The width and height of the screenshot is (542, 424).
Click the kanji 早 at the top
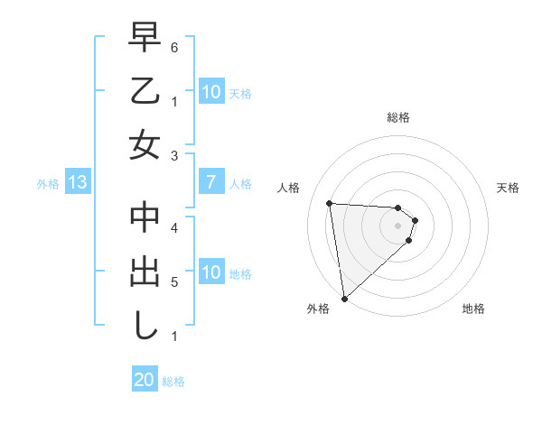click(x=145, y=39)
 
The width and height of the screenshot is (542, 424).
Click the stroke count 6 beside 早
click(x=174, y=46)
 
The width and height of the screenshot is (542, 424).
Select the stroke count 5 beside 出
click(x=174, y=282)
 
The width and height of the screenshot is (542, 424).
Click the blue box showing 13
click(x=77, y=183)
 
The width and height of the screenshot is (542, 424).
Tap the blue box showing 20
click(x=145, y=380)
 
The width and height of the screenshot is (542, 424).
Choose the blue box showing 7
click(x=210, y=183)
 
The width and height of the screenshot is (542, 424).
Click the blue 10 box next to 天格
click(x=210, y=92)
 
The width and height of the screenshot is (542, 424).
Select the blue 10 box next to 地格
click(x=210, y=273)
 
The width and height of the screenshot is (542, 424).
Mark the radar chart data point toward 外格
click(x=344, y=298)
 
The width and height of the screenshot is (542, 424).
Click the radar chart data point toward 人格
click(x=329, y=203)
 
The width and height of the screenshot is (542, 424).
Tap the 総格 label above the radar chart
click(x=398, y=117)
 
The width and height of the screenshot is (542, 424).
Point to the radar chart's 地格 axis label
click(x=473, y=309)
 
